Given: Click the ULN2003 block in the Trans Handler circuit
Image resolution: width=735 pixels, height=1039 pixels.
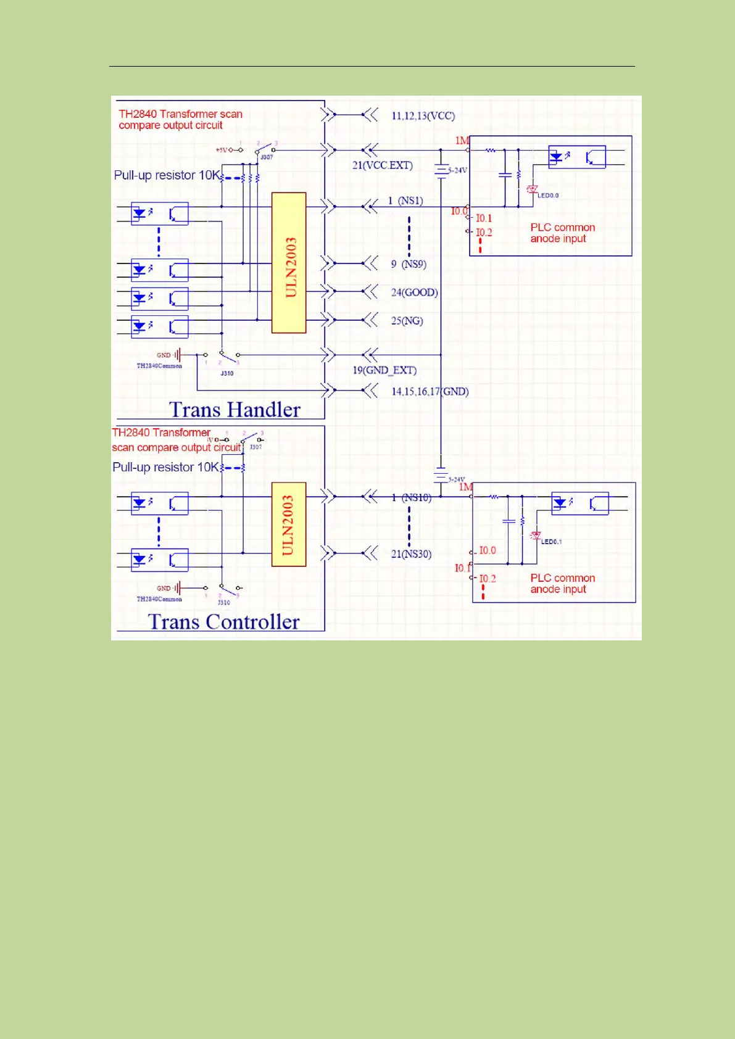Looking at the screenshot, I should pos(289,263).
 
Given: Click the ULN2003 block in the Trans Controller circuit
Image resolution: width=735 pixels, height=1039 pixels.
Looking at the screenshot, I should pos(289,524).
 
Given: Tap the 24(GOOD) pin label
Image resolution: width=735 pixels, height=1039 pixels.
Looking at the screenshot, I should pos(414,292).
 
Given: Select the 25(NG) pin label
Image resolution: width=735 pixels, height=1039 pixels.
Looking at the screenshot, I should pos(407,321).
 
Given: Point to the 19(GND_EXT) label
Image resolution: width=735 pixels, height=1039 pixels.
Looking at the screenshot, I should pos(384,370).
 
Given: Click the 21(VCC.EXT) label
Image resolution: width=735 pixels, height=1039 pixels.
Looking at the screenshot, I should pos(382,165).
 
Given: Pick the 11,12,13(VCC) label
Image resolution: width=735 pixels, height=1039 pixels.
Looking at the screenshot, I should pos(423,116).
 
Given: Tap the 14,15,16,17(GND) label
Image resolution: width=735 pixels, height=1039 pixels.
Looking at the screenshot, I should pos(430,391).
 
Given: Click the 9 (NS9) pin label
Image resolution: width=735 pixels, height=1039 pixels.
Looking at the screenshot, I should pos(409,264).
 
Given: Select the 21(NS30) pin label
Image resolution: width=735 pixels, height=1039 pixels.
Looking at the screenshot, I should pos(411,554).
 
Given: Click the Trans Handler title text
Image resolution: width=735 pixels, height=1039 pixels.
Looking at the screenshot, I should pos(235,410).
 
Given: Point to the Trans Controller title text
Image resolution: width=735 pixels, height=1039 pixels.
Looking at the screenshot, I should pos(223,621).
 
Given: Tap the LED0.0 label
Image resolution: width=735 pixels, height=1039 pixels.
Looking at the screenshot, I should pos(548,196).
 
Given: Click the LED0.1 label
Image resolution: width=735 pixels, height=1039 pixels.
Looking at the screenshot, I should pos(551,542).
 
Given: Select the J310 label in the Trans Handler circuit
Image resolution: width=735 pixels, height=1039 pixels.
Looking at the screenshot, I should pos(227,373).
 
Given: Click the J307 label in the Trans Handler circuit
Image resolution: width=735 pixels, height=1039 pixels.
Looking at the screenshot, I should pos(267,157).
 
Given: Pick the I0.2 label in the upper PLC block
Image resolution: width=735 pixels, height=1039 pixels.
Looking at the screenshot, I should pos(484,233).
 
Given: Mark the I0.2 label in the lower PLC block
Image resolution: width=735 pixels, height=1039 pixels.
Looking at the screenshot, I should pos(488,579).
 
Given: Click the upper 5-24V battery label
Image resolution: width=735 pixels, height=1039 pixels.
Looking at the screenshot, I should pos(458,170).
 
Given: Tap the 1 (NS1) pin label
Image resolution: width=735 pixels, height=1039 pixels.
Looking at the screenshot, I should pos(405,201).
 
